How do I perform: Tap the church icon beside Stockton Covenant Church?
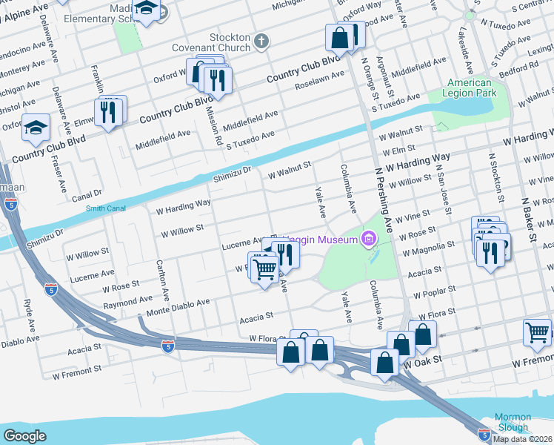pos(261,42)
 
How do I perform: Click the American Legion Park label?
pos(470,88)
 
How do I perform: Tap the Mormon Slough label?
pos(513,422)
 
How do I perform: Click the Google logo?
pos(25,435)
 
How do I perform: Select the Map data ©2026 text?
pos(523,439)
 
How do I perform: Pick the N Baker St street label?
pos(531,222)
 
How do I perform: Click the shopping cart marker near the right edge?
pos(537,333)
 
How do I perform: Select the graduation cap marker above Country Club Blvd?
pos(36,130)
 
